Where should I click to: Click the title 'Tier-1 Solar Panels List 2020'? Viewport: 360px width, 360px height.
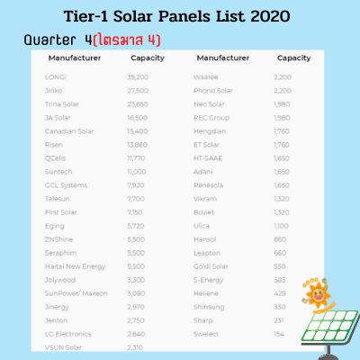point(180,17)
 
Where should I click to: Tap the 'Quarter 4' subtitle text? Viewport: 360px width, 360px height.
point(53,41)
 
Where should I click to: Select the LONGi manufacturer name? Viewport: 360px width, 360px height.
point(55,77)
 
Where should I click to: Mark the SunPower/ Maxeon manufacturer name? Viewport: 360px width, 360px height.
point(74,292)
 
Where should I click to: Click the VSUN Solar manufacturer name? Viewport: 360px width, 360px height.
point(62,346)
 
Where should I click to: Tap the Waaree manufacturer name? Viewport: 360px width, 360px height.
point(206,77)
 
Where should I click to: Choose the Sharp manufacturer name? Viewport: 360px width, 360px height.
point(203,319)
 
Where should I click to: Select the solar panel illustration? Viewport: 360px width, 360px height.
point(329,329)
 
